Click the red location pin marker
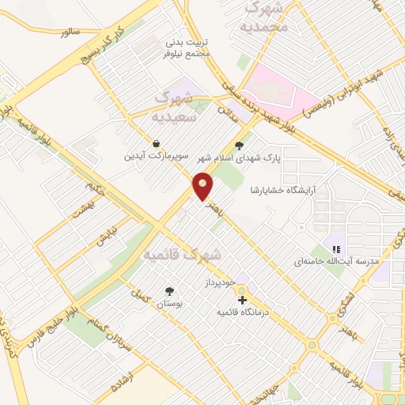203,187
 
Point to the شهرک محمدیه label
267,17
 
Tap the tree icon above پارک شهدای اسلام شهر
239,145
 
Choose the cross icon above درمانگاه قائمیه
242,300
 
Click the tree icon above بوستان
168,290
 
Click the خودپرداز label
221,282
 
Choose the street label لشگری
343,306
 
